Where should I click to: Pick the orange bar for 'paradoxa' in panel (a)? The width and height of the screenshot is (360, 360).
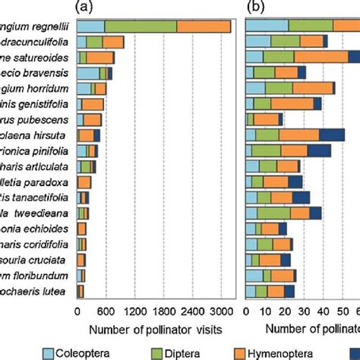click(x=84, y=182)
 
